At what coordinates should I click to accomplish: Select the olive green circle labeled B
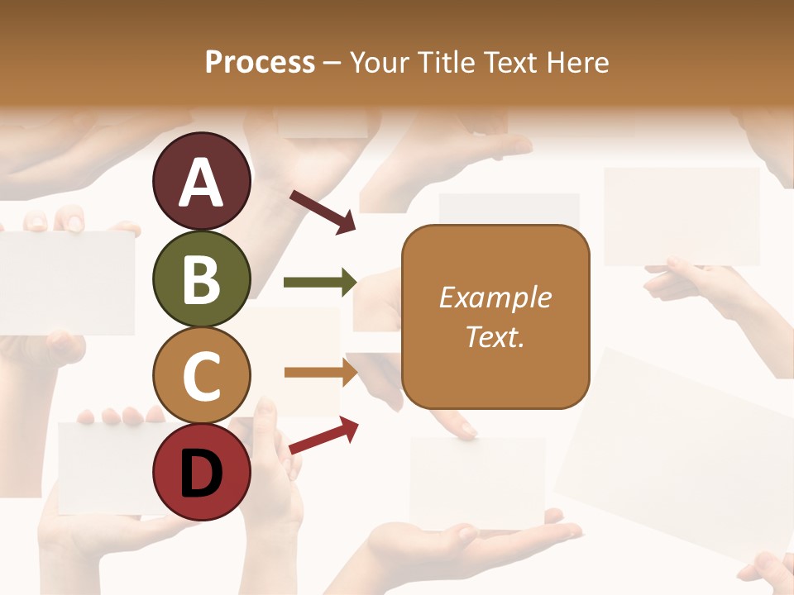[201, 278]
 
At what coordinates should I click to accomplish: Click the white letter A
[201, 183]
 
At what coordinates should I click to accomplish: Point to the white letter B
[201, 278]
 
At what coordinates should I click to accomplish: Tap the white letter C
[201, 376]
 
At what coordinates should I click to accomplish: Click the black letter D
[201, 474]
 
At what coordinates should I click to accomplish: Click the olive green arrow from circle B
[320, 282]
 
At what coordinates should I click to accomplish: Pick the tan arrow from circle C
[321, 372]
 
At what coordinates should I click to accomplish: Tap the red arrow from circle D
[323, 435]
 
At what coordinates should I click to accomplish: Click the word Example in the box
[495, 297]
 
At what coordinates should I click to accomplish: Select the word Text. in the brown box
[495, 337]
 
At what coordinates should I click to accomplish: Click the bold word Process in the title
[260, 63]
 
